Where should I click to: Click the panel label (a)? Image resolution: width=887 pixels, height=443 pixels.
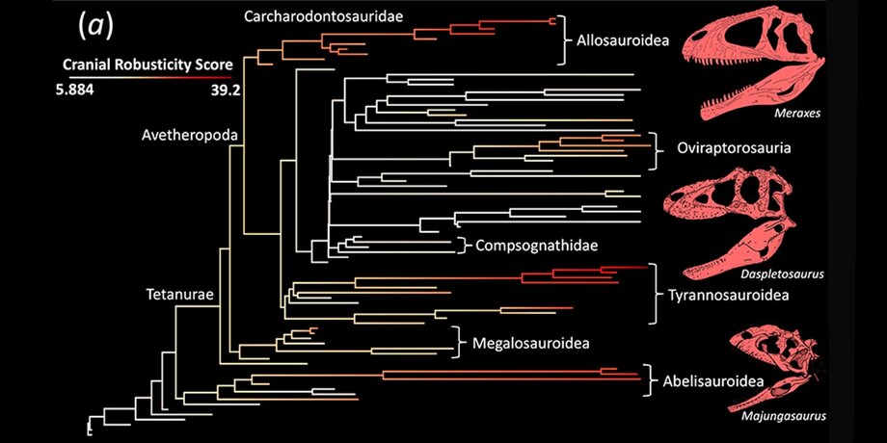coord(94,27)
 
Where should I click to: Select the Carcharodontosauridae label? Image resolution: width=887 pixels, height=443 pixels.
coord(323,16)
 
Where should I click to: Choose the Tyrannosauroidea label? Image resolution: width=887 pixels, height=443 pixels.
coord(729,295)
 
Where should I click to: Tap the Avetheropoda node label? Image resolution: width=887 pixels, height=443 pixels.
coord(189,136)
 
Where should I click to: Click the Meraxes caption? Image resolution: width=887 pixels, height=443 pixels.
coord(797,114)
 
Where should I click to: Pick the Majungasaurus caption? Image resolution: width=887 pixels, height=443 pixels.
coord(782,417)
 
